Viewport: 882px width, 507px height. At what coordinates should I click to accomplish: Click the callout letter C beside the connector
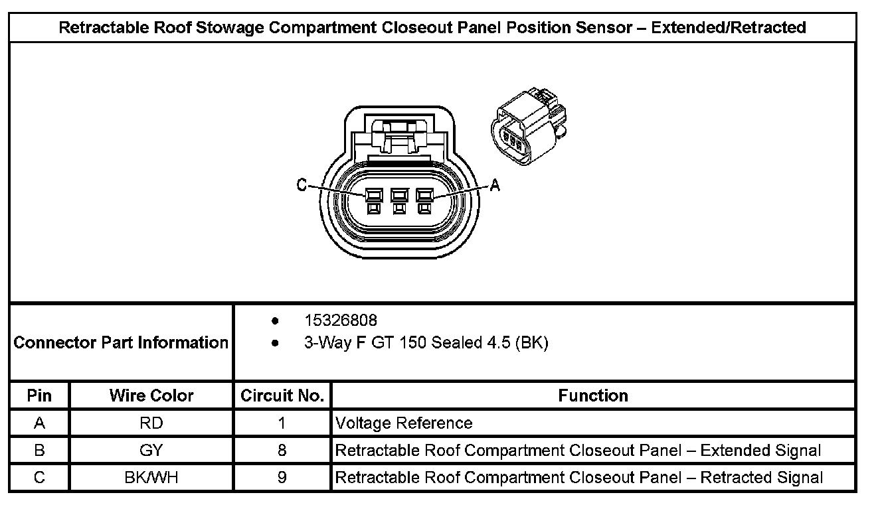point(302,186)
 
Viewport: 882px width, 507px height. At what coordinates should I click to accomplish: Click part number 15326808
point(341,321)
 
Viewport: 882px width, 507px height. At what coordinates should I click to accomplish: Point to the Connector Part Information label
point(121,342)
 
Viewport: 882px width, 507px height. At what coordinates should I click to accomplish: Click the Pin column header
point(39,396)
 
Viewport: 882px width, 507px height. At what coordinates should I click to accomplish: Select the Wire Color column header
point(151,396)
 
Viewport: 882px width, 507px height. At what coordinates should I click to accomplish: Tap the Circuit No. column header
point(282,396)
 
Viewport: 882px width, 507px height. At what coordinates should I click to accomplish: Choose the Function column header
point(593,396)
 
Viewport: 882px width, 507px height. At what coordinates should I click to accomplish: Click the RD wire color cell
point(151,423)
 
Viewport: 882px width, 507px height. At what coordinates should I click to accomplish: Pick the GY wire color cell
point(151,451)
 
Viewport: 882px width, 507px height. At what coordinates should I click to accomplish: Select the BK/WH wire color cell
point(151,478)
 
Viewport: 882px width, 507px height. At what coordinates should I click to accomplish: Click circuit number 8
point(282,451)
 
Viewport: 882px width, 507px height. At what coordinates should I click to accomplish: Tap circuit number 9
point(282,478)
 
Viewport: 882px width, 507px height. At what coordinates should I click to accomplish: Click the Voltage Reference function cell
point(404,423)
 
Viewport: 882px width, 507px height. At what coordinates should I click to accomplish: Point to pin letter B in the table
point(39,451)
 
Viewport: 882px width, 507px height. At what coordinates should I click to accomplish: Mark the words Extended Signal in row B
point(761,451)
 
